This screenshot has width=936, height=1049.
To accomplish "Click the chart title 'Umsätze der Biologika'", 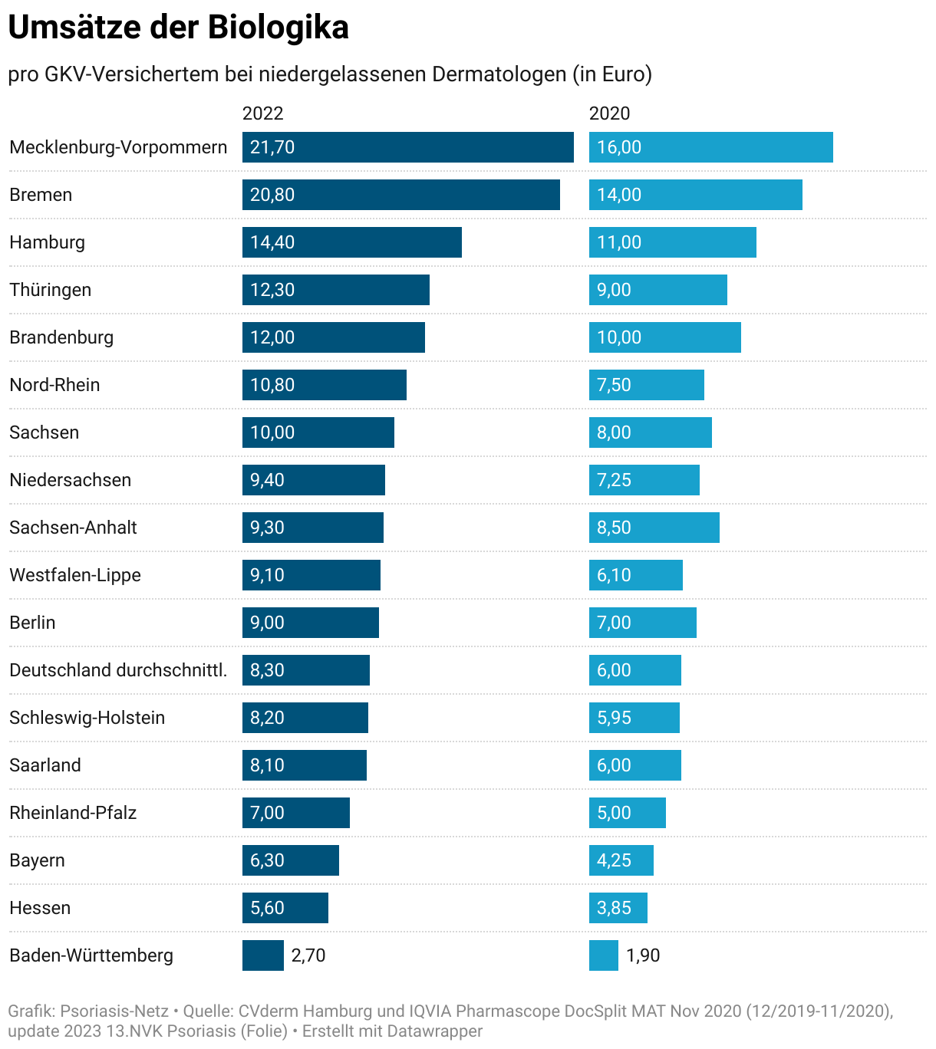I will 178,28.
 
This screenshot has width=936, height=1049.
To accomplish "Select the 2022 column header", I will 262,113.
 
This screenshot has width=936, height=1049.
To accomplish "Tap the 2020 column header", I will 609,113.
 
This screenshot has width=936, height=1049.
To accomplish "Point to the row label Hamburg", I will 48,242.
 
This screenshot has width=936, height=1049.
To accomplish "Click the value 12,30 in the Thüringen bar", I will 272,290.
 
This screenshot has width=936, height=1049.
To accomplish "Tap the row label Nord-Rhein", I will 54,385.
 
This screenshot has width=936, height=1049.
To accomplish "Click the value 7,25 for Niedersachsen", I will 614,480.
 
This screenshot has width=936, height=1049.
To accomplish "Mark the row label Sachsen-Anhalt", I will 73,528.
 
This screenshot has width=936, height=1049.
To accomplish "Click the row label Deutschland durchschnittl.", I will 118,670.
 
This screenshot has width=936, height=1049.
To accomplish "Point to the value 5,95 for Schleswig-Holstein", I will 614,718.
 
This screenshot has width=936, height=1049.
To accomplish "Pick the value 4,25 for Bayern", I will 614,860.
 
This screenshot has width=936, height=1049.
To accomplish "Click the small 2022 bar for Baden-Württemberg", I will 262,955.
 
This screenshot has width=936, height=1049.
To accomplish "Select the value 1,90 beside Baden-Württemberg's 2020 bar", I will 643,955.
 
